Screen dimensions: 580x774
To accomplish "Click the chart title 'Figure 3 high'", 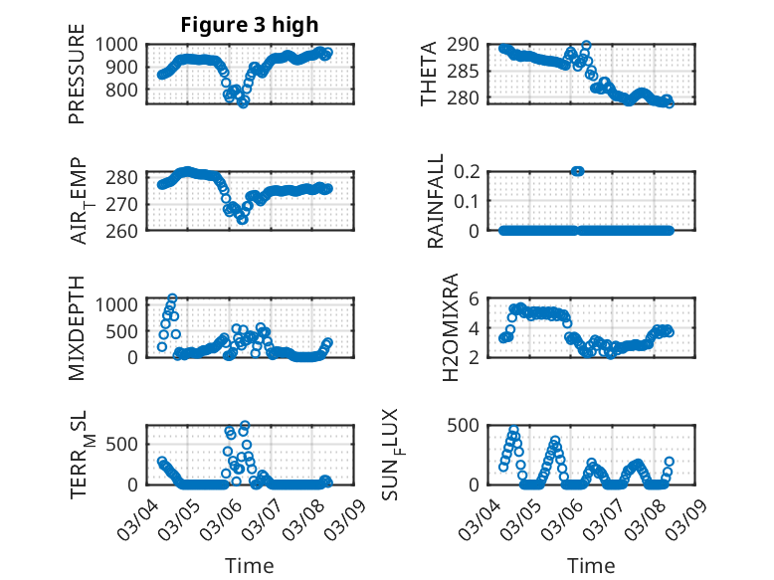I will coord(250,25).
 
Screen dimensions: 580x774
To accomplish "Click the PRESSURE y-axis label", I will coord(77,82).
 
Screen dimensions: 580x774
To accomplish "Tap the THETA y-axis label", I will coord(429,74).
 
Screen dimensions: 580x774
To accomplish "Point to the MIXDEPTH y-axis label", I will coord(77,326).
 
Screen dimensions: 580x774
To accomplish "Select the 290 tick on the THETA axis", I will coord(468,44).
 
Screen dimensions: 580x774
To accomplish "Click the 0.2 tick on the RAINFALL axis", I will coord(471,171).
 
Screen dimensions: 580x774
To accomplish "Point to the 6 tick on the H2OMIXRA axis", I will coord(476,298).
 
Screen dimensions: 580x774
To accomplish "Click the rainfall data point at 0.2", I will coord(577,171).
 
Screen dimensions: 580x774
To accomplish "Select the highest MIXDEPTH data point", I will coord(172,298).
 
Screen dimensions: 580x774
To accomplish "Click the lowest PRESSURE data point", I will coord(243,102).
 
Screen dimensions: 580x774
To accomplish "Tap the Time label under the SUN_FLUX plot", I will coord(591,566).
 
